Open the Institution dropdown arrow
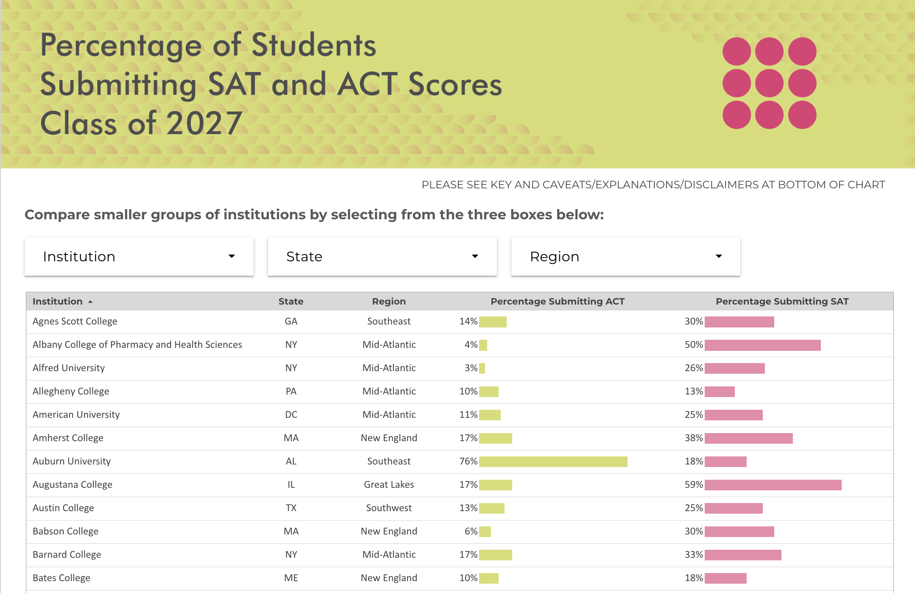click(232, 256)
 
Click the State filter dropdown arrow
click(475, 256)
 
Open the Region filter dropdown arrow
click(719, 256)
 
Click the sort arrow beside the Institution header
click(90, 302)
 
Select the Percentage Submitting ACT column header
click(558, 301)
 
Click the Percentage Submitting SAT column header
click(782, 301)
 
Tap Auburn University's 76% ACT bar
click(553, 462)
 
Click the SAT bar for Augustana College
click(773, 485)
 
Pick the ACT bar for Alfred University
click(482, 368)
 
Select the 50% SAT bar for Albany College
click(762, 345)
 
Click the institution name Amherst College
click(68, 438)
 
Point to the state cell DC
click(291, 414)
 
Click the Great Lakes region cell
click(389, 484)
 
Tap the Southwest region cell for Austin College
click(389, 508)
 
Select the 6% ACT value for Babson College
click(471, 531)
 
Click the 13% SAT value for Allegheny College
click(694, 391)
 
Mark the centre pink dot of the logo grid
click(769, 83)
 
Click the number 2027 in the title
click(204, 123)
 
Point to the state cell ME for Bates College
click(291, 578)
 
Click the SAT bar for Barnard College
click(743, 555)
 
